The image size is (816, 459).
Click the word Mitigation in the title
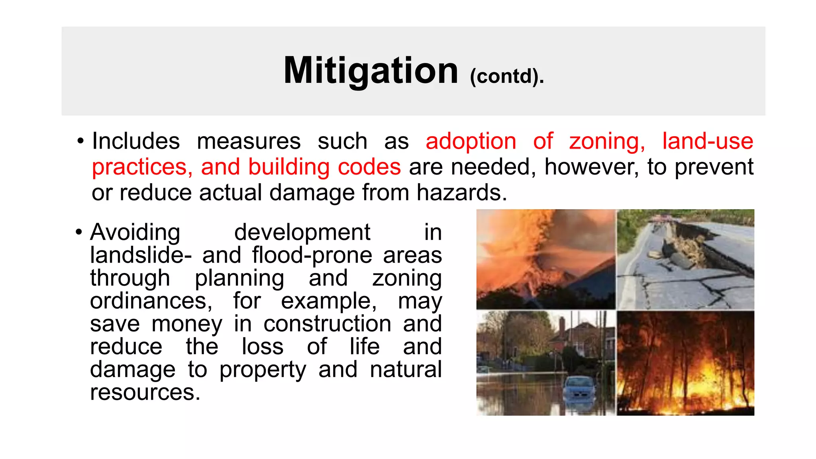[371, 71]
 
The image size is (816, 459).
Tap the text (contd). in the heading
[506, 76]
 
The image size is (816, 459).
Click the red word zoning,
[607, 141]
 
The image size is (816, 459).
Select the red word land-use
[708, 141]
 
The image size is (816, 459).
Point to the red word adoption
[471, 141]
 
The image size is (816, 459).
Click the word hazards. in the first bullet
[462, 192]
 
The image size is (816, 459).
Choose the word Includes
[136, 141]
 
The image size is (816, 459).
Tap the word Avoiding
[135, 232]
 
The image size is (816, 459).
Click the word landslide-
[141, 255]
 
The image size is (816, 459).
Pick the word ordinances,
[151, 301]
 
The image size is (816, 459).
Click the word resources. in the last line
[145, 392]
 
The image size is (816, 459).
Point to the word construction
[327, 324]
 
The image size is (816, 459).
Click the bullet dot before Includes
[80, 141]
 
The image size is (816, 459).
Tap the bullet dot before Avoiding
[79, 232]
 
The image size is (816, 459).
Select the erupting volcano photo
[545, 259]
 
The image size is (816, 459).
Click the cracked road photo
[685, 259]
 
